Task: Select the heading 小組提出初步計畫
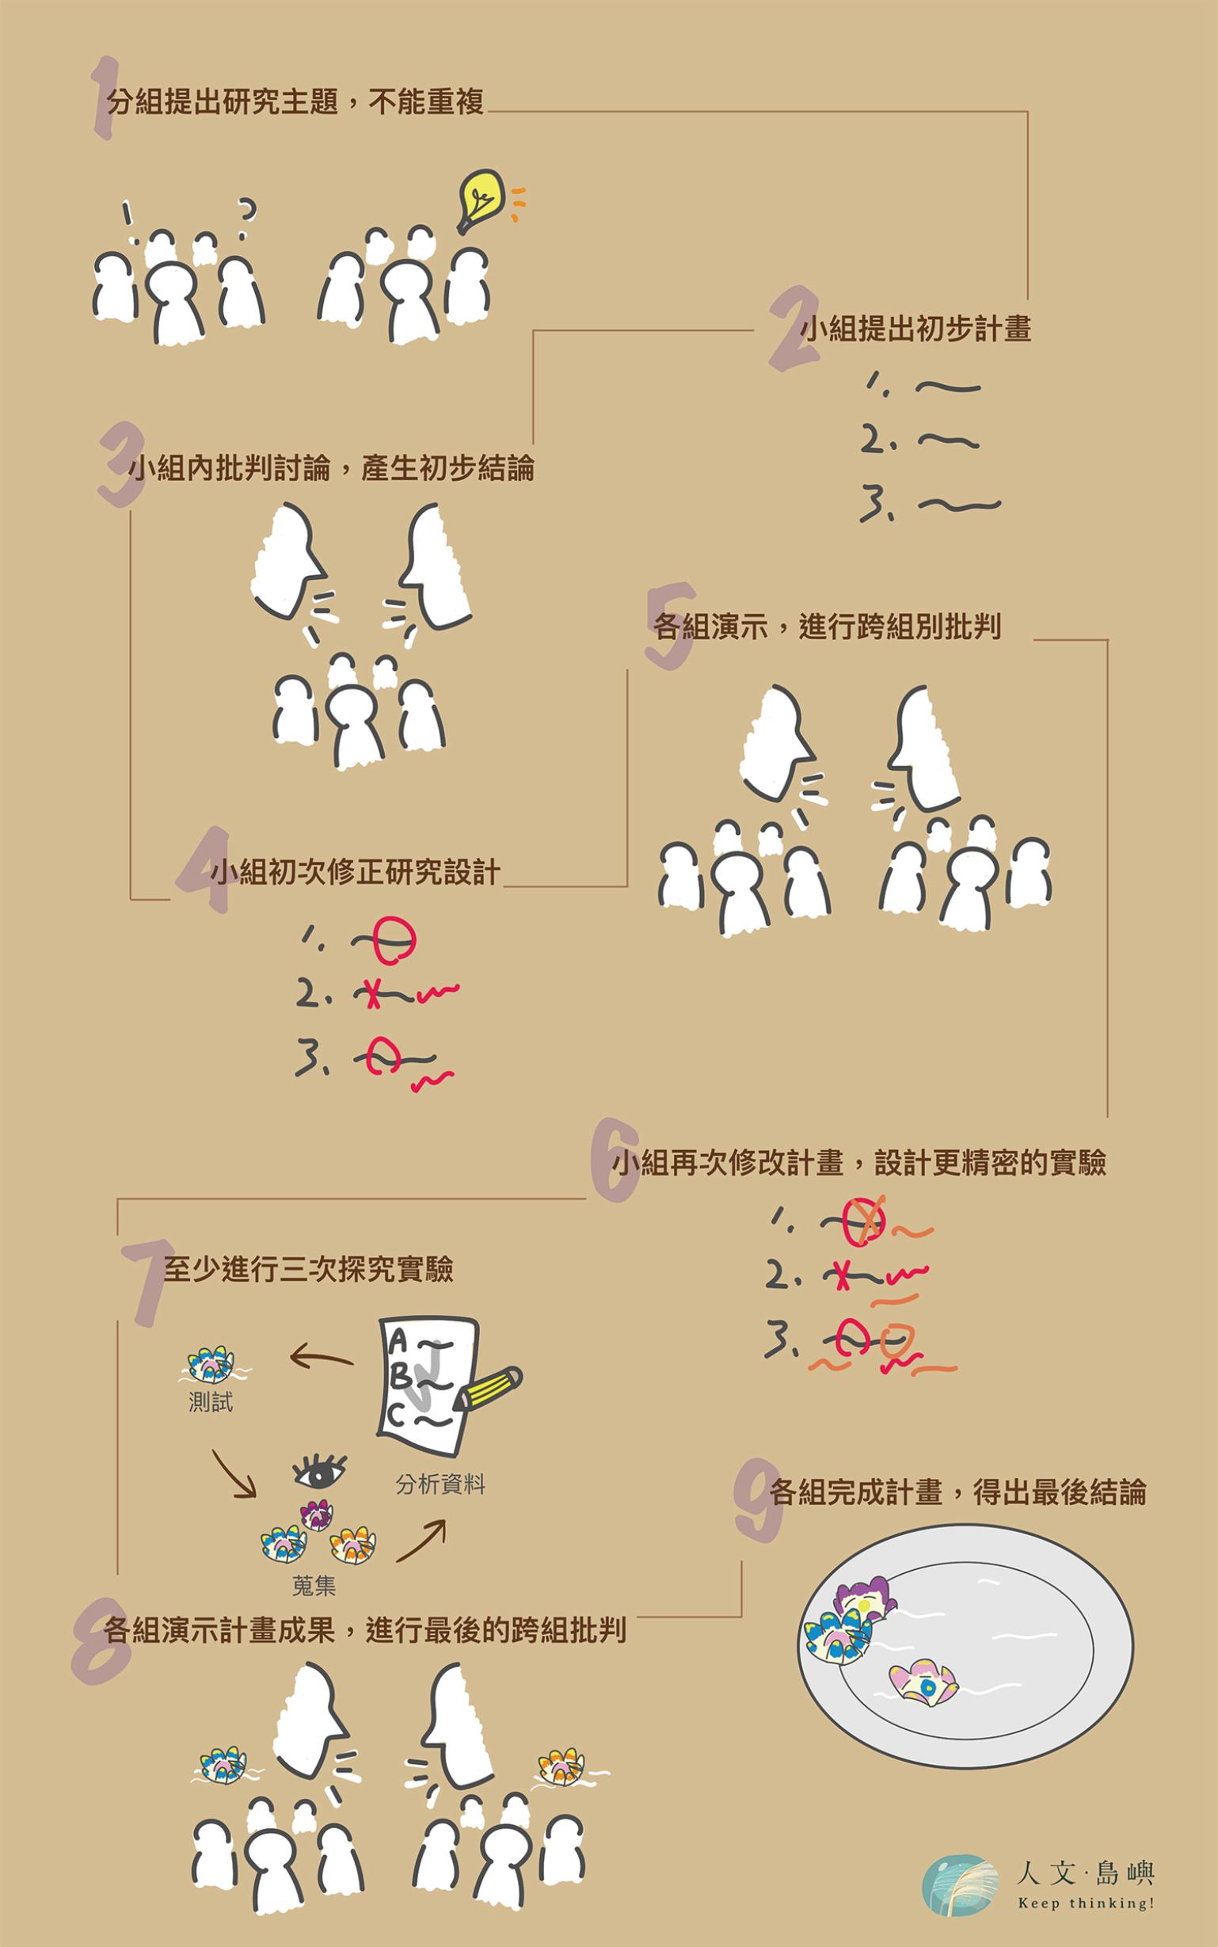click(x=916, y=330)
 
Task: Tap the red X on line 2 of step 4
click(x=371, y=994)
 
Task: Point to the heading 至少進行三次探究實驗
click(x=309, y=1269)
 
